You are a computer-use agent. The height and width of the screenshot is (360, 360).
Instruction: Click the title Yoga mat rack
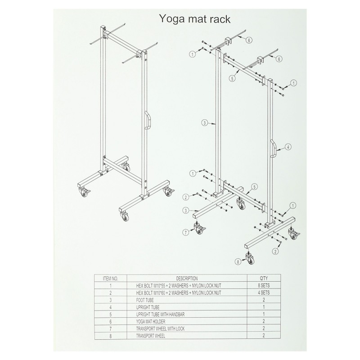(x=195, y=18)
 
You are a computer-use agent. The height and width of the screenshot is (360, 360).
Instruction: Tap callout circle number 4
(x=288, y=147)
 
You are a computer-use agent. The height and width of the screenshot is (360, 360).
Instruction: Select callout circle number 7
(x=186, y=232)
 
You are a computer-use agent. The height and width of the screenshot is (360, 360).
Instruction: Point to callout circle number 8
(x=238, y=261)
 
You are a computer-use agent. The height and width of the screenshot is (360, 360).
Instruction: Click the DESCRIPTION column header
(x=187, y=279)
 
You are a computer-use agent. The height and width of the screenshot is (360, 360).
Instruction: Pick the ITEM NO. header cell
(x=110, y=279)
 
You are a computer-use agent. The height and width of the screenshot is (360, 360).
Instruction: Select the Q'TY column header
(x=264, y=279)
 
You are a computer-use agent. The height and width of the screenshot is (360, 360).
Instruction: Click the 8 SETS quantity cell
(x=264, y=286)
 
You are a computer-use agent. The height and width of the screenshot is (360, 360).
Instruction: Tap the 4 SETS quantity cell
(x=264, y=293)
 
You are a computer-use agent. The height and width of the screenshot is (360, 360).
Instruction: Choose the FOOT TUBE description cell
(x=145, y=300)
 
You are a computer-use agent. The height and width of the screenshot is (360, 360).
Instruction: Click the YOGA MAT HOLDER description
(x=151, y=321)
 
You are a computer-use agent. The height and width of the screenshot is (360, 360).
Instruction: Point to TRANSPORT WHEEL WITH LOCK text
(x=160, y=328)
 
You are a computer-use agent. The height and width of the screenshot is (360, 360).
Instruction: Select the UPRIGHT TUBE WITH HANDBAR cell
(x=160, y=314)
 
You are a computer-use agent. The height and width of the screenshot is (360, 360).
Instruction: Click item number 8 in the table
(x=110, y=336)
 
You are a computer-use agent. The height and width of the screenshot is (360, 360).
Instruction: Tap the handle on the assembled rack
(x=148, y=121)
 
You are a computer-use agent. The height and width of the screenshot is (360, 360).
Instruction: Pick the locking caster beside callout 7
(x=199, y=228)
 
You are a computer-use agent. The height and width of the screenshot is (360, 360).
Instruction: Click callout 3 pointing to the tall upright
(x=205, y=123)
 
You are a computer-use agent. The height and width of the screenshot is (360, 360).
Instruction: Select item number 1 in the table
(x=110, y=286)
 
